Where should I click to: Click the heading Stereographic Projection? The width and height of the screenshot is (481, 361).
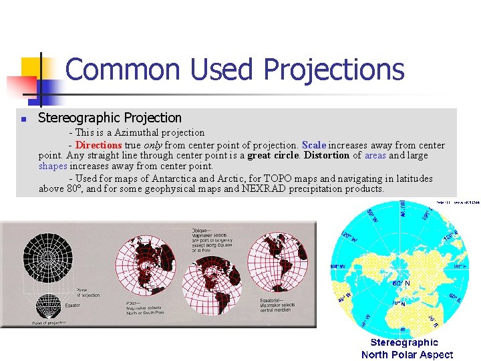[x=110, y=118]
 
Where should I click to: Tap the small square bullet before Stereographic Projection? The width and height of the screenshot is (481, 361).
[x=23, y=120]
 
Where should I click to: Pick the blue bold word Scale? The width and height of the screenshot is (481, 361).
[x=314, y=145]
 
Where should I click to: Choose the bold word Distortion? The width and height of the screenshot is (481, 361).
[x=327, y=156]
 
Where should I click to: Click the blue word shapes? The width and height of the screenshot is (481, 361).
[x=53, y=166]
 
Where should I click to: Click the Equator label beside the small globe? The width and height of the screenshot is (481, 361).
[x=72, y=306]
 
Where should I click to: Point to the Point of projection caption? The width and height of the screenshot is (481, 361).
[x=49, y=323]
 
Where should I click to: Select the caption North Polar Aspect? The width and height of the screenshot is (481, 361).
[x=407, y=354]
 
